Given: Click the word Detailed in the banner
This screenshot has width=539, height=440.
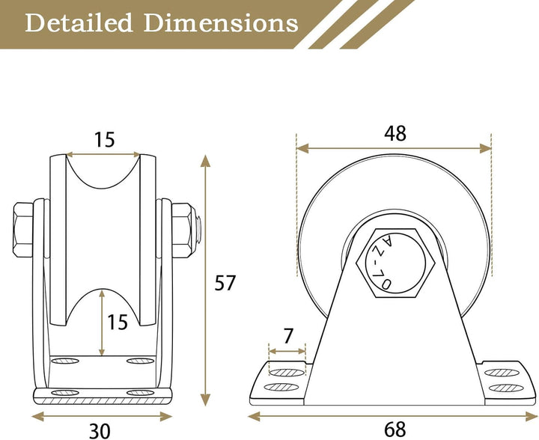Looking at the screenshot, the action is pyautogui.click(x=79, y=23).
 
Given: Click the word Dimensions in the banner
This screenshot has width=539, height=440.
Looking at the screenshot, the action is pyautogui.click(x=221, y=23).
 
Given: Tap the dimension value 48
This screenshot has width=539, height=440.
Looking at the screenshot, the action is pyautogui.click(x=395, y=133).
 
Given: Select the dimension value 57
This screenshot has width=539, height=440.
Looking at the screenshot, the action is pyautogui.click(x=225, y=283).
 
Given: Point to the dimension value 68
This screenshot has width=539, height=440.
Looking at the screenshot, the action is pyautogui.click(x=395, y=430).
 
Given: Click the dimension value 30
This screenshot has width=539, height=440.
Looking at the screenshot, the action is pyautogui.click(x=100, y=431).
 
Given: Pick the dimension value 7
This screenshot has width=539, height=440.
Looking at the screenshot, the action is pyautogui.click(x=288, y=336).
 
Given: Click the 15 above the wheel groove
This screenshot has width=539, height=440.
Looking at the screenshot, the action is pyautogui.click(x=104, y=140).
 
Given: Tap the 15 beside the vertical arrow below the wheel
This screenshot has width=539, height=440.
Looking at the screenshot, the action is pyautogui.click(x=118, y=323).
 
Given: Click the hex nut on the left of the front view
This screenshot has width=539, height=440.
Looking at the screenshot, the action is pyautogui.click(x=23, y=230).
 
